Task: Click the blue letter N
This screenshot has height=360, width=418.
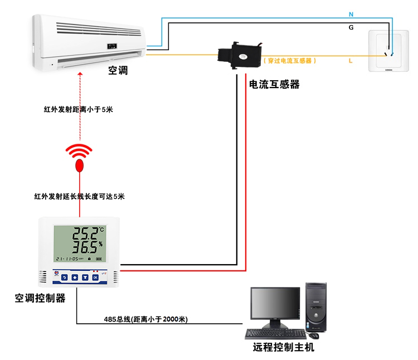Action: point(351,13)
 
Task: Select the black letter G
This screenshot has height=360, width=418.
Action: point(351,27)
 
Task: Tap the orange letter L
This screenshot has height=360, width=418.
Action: point(351,61)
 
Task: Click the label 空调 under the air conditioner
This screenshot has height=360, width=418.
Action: point(118,71)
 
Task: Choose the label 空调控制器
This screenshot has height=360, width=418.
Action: point(40,298)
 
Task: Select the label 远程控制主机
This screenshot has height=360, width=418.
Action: point(284,347)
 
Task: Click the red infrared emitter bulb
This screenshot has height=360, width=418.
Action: point(80,165)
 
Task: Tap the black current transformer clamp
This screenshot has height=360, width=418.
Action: point(239,54)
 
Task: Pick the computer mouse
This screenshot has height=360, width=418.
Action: point(315,335)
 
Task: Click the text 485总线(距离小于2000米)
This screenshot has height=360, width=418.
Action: point(146,319)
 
